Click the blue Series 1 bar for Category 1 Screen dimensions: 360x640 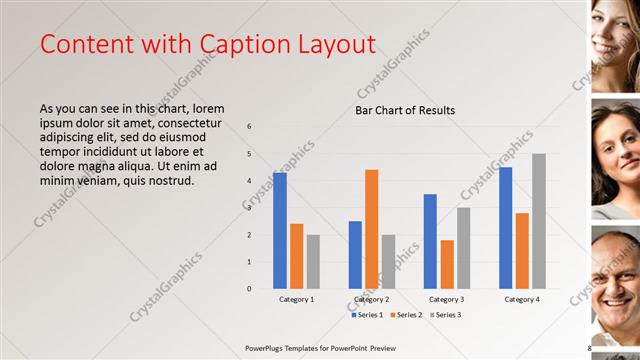(280, 231)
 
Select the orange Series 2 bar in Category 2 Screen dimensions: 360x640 (372, 229)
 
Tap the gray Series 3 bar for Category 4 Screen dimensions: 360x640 (539, 221)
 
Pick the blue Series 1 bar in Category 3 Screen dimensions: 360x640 (430, 241)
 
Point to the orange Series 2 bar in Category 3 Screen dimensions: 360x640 (447, 264)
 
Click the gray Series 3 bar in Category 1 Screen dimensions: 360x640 (313, 262)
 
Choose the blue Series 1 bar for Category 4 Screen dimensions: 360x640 (506, 228)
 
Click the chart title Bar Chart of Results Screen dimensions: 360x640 (405, 110)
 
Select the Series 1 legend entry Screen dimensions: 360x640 (367, 315)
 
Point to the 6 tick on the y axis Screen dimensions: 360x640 (250, 127)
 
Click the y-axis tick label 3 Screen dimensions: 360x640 (250, 208)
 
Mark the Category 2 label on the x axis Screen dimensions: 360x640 (372, 299)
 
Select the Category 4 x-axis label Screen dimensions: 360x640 (522, 299)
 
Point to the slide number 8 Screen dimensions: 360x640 (589, 348)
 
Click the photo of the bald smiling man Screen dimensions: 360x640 (615, 285)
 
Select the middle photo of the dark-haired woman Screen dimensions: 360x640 (615, 160)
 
